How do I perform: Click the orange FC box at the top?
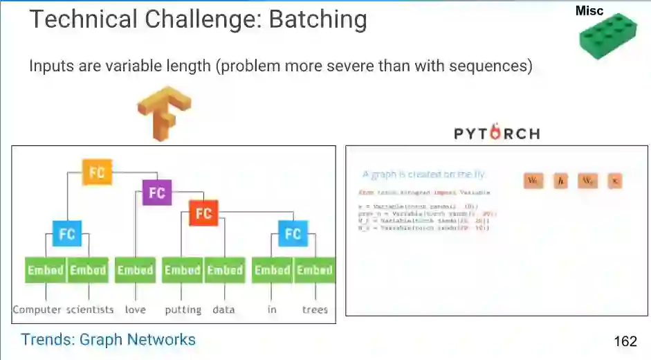[96, 172]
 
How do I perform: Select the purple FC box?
[157, 192]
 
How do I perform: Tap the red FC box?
[203, 213]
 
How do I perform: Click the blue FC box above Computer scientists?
[66, 234]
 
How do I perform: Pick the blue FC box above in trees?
[293, 233]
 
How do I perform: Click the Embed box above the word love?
[135, 270]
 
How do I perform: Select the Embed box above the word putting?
[182, 270]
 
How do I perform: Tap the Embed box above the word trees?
[315, 270]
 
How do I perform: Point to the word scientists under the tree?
[90, 309]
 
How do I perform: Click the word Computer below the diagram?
[37, 309]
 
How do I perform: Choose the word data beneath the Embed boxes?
[223, 309]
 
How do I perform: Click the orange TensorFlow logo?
[164, 112]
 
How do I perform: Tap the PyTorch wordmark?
[497, 133]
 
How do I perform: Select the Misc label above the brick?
[589, 10]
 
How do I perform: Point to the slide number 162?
[625, 341]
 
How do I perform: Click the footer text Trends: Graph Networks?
[108, 340]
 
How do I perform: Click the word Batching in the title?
[318, 19]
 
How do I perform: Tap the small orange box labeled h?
[560, 181]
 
